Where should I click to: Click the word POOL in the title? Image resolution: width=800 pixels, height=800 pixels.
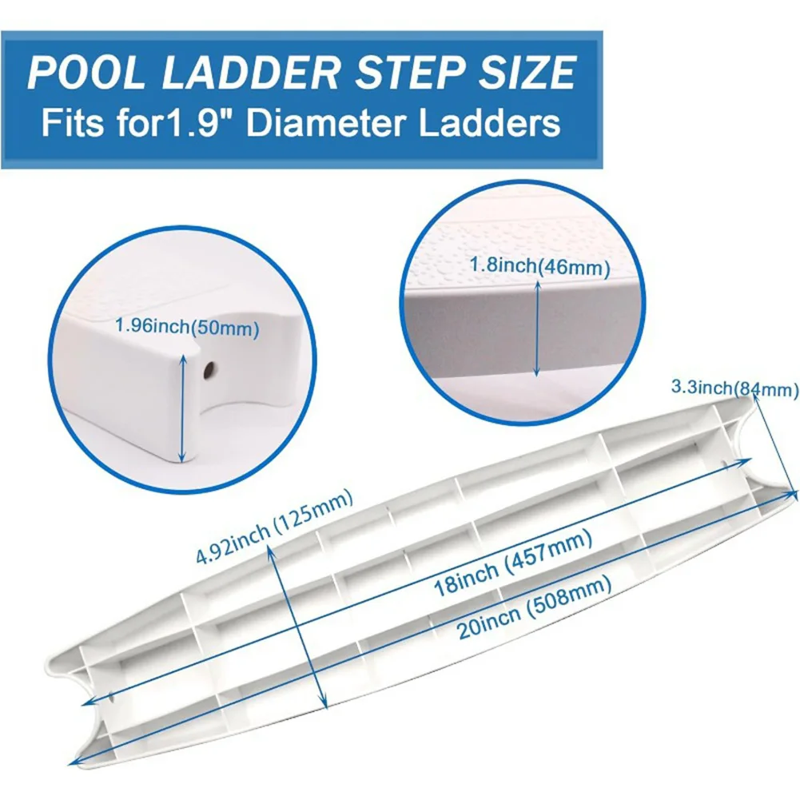pyautogui.click(x=88, y=73)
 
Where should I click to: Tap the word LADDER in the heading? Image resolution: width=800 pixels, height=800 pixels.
pyautogui.click(x=250, y=73)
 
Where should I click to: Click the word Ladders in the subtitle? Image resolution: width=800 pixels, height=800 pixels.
pyautogui.click(x=490, y=122)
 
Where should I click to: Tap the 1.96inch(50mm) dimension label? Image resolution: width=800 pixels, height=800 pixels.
pyautogui.click(x=187, y=327)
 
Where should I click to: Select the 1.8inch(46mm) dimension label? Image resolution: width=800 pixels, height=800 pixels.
pyautogui.click(x=539, y=266)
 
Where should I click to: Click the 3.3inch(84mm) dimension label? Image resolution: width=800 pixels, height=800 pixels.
pyautogui.click(x=734, y=388)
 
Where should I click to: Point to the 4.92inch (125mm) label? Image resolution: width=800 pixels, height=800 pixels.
pyautogui.click(x=274, y=526)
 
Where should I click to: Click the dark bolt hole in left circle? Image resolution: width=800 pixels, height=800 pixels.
pyautogui.click(x=209, y=370)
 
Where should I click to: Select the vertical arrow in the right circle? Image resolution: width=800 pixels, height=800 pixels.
pyautogui.click(x=537, y=329)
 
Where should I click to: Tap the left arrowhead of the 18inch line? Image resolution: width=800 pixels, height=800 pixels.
pyautogui.click(x=88, y=703)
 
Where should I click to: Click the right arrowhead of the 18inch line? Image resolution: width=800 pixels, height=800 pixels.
pyautogui.click(x=745, y=460)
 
